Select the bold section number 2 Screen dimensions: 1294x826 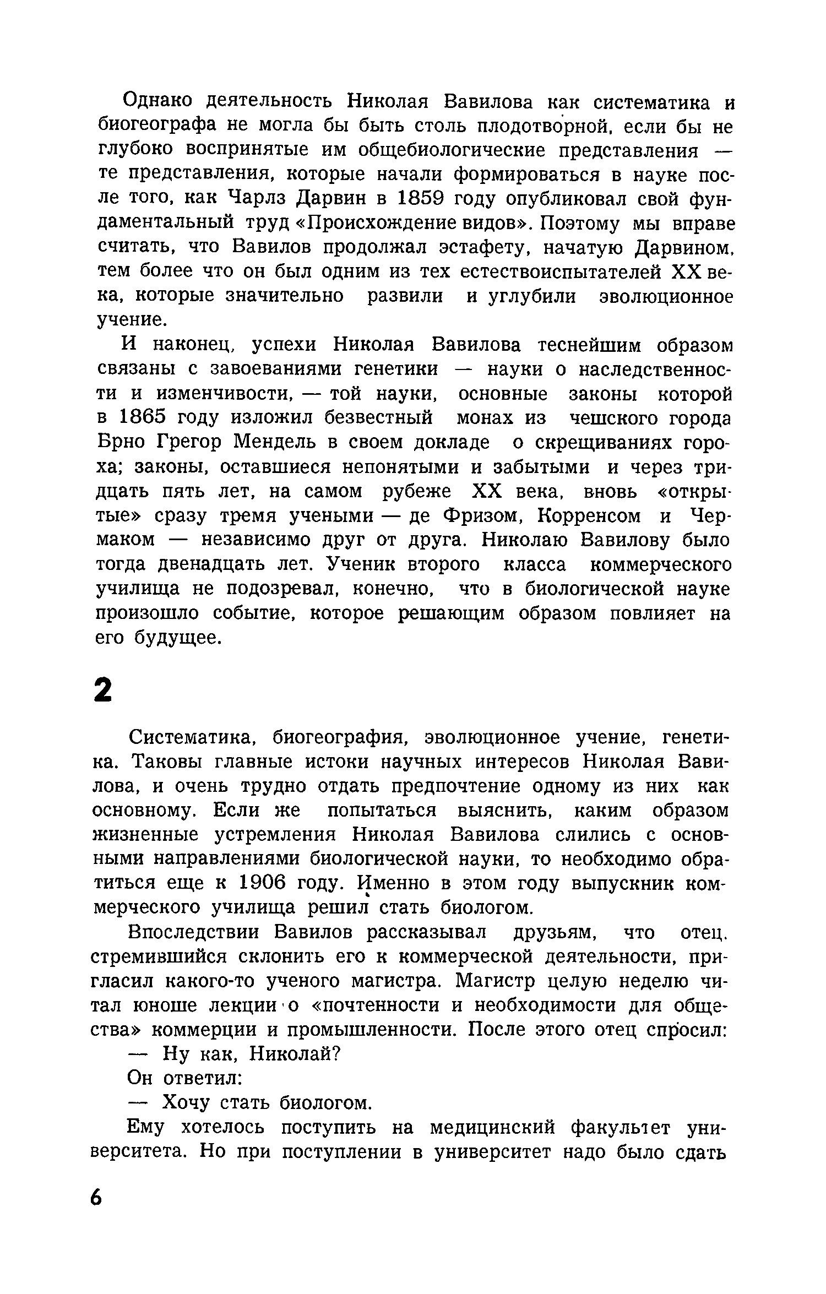[x=102, y=689]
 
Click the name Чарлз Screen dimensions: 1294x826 [x=257, y=198]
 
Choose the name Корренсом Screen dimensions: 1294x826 [x=590, y=516]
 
